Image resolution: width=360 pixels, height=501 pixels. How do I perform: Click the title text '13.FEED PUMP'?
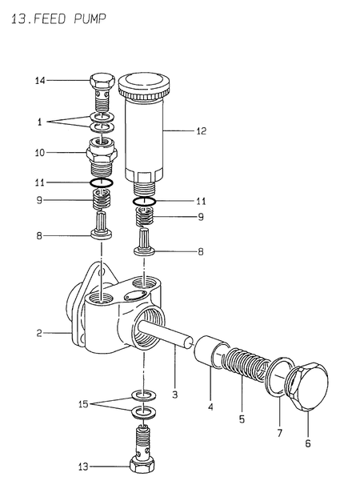(x=58, y=19)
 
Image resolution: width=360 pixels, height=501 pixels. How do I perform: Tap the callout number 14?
(x=40, y=81)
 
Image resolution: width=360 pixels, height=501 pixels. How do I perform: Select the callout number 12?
(x=202, y=130)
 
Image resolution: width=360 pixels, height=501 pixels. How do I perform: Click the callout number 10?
(x=40, y=153)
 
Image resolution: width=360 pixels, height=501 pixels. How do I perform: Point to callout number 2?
(x=39, y=333)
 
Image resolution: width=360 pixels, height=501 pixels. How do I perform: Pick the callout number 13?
(x=83, y=467)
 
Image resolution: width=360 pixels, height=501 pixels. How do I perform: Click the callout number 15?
(x=83, y=404)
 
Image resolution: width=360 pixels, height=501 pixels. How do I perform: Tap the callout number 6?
(x=308, y=443)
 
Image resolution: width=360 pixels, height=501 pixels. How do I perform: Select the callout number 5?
(x=242, y=419)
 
